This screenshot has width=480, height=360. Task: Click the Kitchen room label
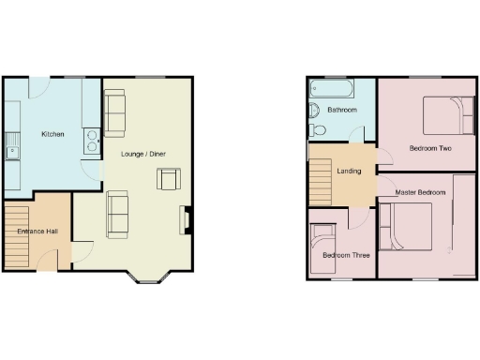coord(52,135)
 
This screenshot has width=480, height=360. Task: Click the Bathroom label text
coord(342,111)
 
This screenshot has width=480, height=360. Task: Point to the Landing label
coord(349,171)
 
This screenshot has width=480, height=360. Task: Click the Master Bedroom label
coord(419,192)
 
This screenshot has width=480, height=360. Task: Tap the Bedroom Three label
coord(346,255)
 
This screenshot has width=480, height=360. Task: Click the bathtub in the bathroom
coord(330,91)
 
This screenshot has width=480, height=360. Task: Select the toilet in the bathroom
coord(316,130)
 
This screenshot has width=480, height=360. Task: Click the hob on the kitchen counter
coord(94,139)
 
